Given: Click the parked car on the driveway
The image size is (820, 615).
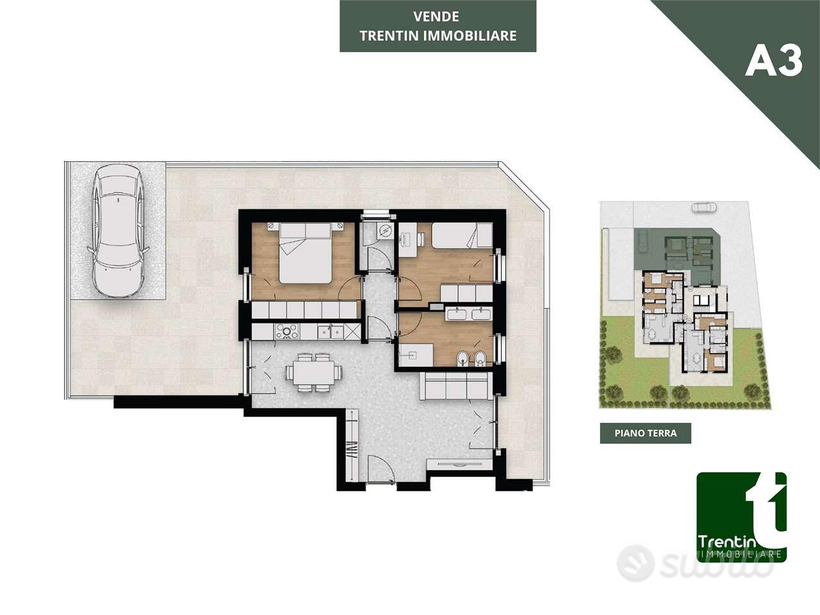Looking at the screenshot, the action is (118, 231).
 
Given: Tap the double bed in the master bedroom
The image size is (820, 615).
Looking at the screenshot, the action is (305, 252).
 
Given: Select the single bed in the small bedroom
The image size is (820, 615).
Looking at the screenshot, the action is (462, 235).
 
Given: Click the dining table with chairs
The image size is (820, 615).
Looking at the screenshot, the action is (313, 373).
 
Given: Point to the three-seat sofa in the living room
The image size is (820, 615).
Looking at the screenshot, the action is (455, 386).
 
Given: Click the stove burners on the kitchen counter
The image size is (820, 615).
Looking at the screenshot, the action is (287, 331).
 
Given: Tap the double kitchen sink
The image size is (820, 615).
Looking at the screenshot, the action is (331, 331).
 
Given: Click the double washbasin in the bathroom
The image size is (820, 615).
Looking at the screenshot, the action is (468, 314).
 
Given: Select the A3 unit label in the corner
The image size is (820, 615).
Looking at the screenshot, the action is (774, 62).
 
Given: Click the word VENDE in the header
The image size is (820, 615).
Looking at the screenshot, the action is (436, 17).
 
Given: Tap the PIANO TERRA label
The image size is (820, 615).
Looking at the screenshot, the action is (646, 433).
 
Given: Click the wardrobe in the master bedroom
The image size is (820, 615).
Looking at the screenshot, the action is (304, 309).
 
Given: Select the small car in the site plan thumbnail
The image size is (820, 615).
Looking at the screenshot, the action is (703, 207).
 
